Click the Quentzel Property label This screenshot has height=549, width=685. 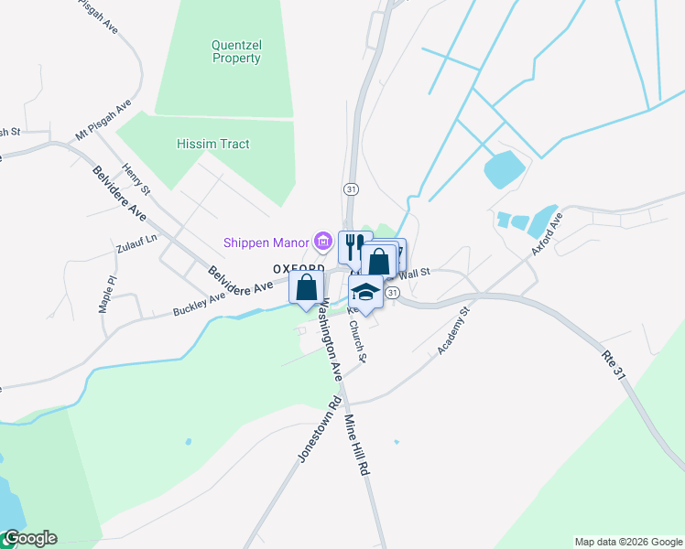coord(236,51)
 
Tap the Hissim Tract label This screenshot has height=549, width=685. coord(213,144)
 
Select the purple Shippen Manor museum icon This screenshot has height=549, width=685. coord(322,242)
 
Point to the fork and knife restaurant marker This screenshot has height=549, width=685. coord(353,246)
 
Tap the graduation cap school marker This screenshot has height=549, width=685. coord(365,293)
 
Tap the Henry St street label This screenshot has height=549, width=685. coord(136,179)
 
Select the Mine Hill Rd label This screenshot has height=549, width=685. coord(356,445)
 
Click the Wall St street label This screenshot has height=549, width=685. coord(414,273)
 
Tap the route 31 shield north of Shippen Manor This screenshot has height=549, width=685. coord(351,188)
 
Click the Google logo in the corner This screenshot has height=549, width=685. coord(29,538)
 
